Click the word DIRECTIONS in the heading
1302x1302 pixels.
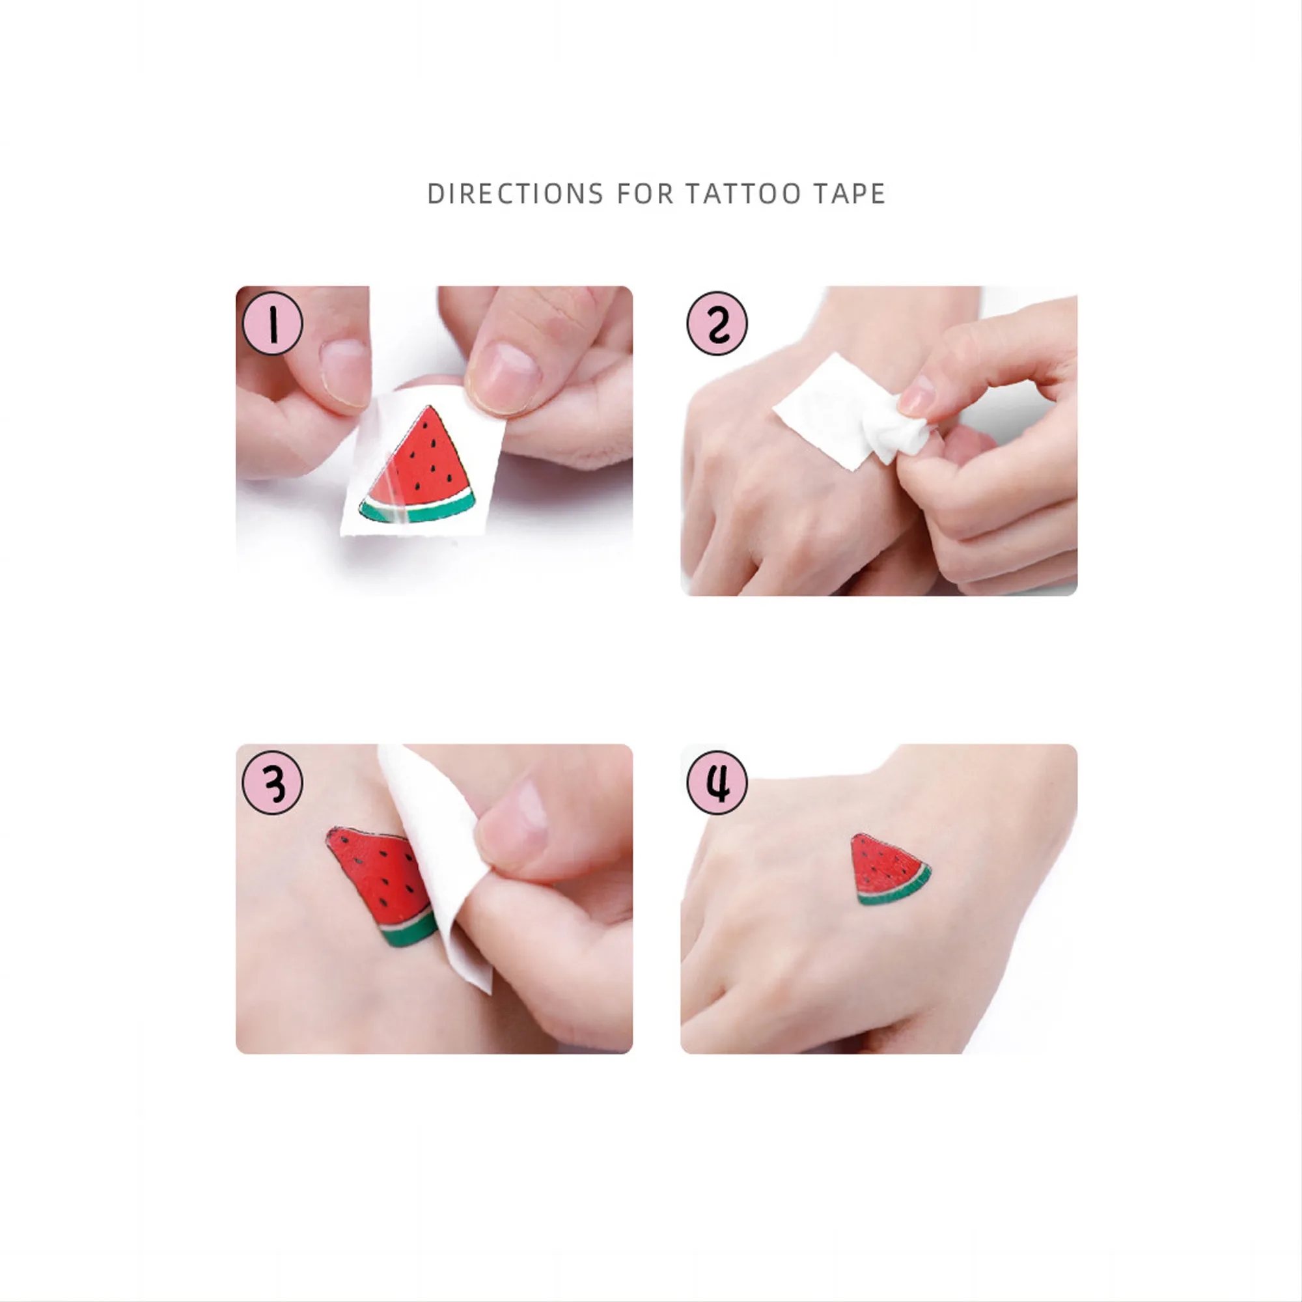point(515,194)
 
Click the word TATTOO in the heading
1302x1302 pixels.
point(743,194)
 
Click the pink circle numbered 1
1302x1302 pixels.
point(272,324)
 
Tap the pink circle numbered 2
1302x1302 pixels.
point(717,324)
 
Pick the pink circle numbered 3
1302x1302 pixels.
point(272,783)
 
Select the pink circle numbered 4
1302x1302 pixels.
point(717,783)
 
